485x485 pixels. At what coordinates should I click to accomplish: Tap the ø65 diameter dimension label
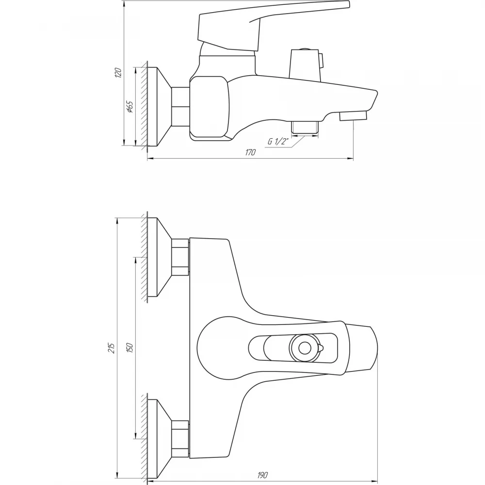pos(129,107)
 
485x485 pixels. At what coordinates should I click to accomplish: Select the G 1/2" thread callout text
pos(278,141)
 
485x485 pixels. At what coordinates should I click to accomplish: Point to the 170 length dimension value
pos(251,152)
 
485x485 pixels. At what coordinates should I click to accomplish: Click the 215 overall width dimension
pos(112,348)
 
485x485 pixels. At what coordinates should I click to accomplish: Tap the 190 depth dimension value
pos(262,474)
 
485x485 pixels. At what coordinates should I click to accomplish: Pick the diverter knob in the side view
pos(306,63)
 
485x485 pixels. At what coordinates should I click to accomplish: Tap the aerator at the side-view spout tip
pos(353,116)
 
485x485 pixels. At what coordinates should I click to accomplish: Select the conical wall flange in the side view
pos(159,106)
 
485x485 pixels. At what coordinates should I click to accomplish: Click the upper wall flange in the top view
pos(159,257)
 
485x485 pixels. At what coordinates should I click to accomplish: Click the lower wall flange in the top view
pos(159,439)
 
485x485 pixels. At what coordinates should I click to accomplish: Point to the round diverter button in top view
pos(305,348)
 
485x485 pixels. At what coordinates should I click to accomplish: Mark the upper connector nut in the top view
pos(180,257)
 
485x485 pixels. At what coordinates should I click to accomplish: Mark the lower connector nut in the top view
pos(180,439)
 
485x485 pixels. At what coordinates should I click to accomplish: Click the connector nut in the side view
pos(180,106)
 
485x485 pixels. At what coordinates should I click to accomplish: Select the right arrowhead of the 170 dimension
pos(351,159)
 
